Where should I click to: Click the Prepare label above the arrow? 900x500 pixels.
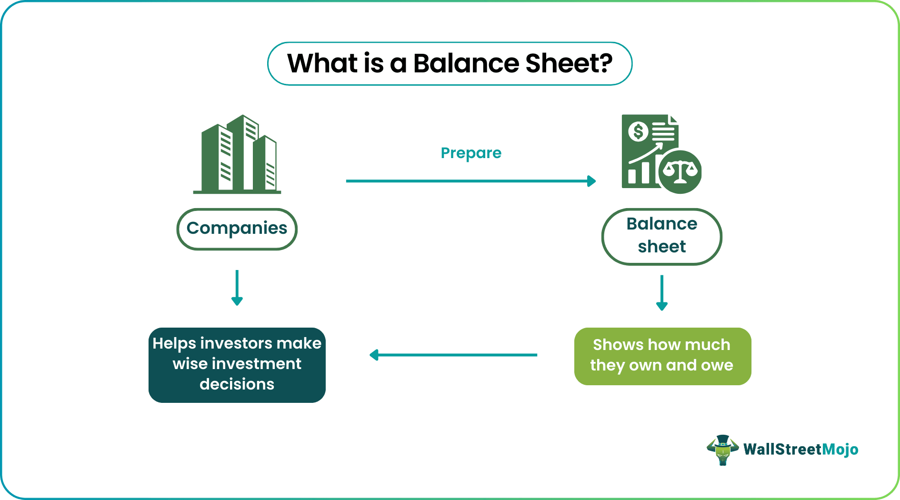[470, 153]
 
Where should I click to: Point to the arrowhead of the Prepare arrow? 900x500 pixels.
[592, 181]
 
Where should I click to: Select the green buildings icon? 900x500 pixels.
[238, 155]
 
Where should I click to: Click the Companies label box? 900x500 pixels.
[237, 229]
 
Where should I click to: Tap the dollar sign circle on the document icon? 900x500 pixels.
[638, 131]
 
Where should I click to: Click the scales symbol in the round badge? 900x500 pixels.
[680, 172]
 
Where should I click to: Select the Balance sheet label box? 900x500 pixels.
[661, 236]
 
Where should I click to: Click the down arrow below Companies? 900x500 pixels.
[237, 289]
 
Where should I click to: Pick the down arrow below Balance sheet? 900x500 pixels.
[661, 293]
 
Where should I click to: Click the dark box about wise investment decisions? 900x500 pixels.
[237, 365]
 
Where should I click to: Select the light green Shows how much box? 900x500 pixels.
[662, 356]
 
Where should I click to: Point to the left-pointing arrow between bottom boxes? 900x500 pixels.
[452, 355]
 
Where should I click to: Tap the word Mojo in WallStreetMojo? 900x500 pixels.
[840, 450]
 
